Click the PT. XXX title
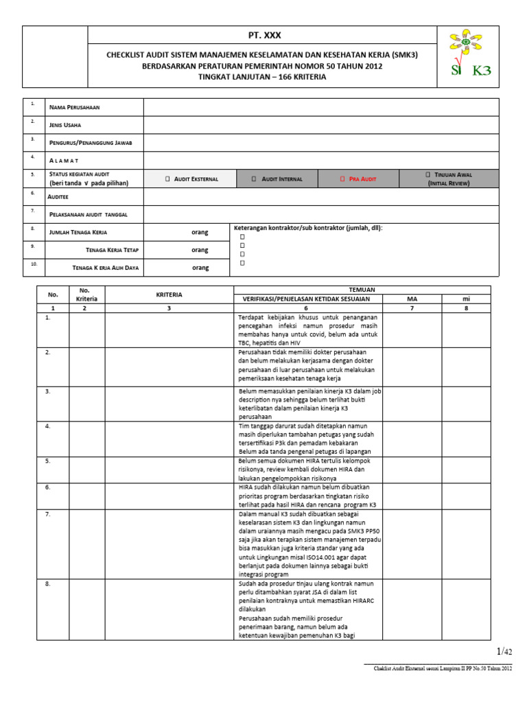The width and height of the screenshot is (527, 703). (263, 36)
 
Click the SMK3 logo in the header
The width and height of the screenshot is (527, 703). (470, 55)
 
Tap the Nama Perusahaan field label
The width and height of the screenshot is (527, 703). (79, 108)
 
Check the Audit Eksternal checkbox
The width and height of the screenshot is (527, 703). (167, 179)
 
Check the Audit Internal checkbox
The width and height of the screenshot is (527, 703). (254, 179)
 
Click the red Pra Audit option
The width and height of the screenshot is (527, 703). (358, 179)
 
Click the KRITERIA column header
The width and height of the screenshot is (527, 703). (169, 295)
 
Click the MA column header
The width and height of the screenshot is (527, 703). (411, 299)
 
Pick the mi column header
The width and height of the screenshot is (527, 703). (466, 299)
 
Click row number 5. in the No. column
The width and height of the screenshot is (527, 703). (48, 461)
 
